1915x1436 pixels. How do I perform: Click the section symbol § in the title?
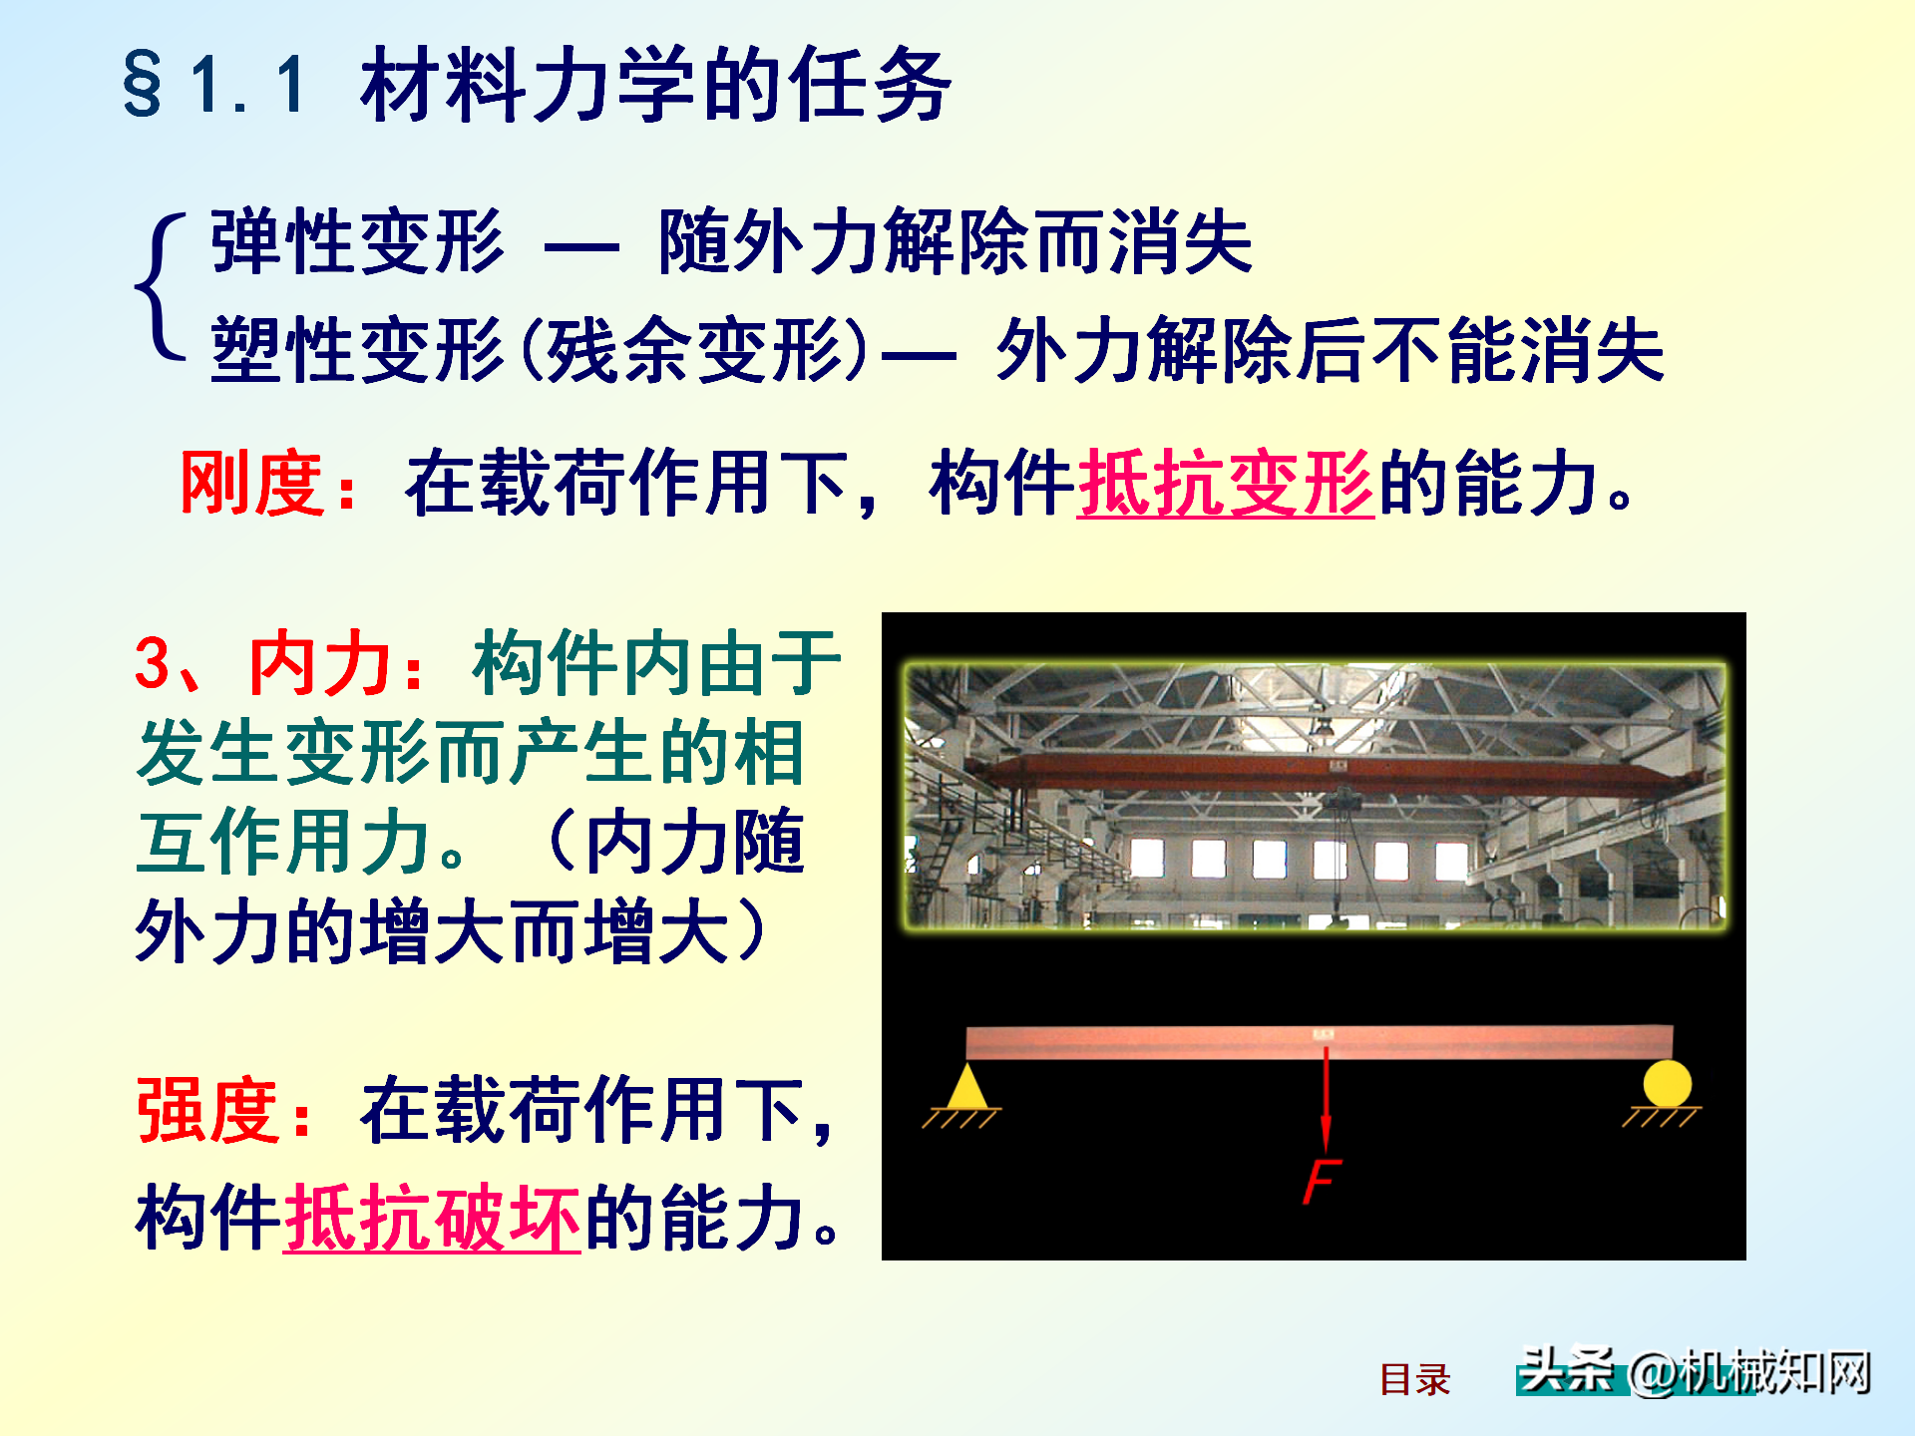[x=143, y=85]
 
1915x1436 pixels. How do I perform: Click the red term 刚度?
[x=252, y=483]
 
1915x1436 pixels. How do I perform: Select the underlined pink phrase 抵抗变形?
[x=1226, y=483]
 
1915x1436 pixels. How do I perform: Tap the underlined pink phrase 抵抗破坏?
[x=432, y=1218]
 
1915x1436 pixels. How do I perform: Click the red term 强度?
[x=208, y=1110]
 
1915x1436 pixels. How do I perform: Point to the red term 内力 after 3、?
[x=319, y=663]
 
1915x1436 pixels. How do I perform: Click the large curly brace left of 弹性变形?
[x=160, y=286]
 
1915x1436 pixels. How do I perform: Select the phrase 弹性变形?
[x=357, y=241]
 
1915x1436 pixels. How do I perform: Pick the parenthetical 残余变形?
[x=695, y=350]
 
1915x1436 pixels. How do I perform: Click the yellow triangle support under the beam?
[x=965, y=1087]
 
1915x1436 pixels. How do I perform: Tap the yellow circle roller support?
[x=1667, y=1084]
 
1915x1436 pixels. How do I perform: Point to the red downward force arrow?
[x=1326, y=1097]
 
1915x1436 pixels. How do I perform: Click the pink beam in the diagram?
[x=1320, y=1042]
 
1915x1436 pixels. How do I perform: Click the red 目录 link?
[x=1414, y=1379]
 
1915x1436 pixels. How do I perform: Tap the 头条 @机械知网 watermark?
[x=1694, y=1371]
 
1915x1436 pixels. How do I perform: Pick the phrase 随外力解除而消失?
[x=955, y=241]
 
